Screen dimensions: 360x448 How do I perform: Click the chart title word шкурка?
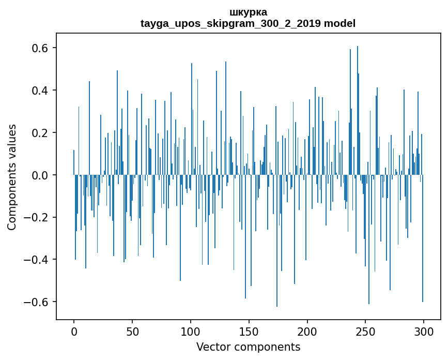[248, 12]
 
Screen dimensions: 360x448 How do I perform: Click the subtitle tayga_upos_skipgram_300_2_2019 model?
[248, 23]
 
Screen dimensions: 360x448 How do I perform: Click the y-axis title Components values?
[12, 177]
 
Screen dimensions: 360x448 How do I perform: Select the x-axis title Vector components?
[248, 347]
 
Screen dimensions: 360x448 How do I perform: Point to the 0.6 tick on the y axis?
[41, 48]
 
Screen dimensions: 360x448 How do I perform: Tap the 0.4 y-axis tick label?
[41, 91]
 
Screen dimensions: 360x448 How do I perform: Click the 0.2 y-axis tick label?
[41, 133]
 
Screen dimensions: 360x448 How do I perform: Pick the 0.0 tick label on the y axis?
[41, 175]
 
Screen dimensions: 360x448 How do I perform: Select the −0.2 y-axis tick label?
[38, 218]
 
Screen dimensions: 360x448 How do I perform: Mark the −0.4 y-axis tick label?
[38, 260]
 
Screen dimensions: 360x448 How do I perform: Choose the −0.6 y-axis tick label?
[38, 302]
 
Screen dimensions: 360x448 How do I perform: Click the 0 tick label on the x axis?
[74, 331]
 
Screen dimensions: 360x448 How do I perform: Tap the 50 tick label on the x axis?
[132, 331]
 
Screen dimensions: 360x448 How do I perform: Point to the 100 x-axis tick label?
[191, 331]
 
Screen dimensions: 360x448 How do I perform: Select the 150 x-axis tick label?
[249, 331]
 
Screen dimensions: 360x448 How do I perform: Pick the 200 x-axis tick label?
[307, 331]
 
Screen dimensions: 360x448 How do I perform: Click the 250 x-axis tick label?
[366, 331]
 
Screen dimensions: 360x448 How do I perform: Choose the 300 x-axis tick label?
[424, 331]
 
